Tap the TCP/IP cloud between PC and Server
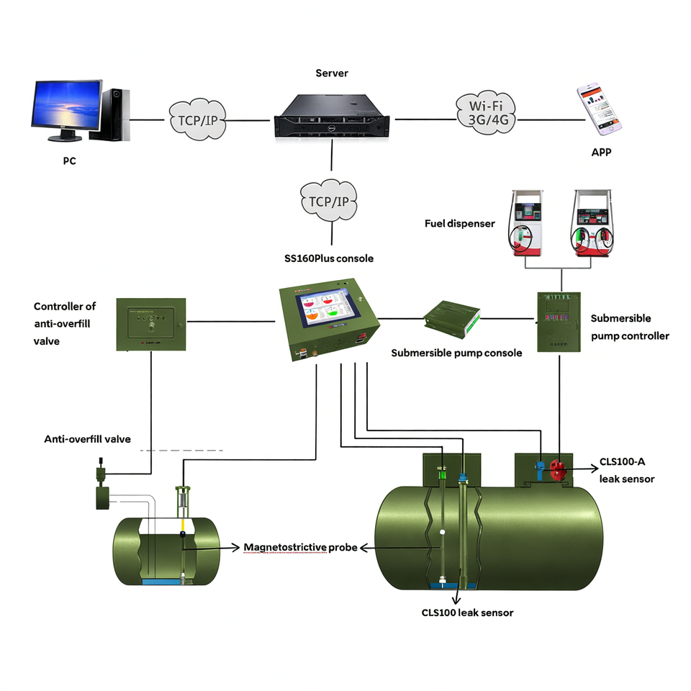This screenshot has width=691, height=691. tap(196, 117)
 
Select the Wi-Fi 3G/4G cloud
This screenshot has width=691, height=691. tap(483, 112)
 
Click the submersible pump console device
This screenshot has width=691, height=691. tap(452, 319)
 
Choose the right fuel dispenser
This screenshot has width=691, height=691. tap(595, 222)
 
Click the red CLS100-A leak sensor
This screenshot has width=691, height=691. tap(556, 471)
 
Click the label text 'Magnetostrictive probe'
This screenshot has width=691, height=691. tap(300, 547)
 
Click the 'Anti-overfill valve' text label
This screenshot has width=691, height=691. tap(88, 438)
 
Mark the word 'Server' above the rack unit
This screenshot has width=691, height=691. tap(332, 73)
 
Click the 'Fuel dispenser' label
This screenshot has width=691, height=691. tap(460, 223)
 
